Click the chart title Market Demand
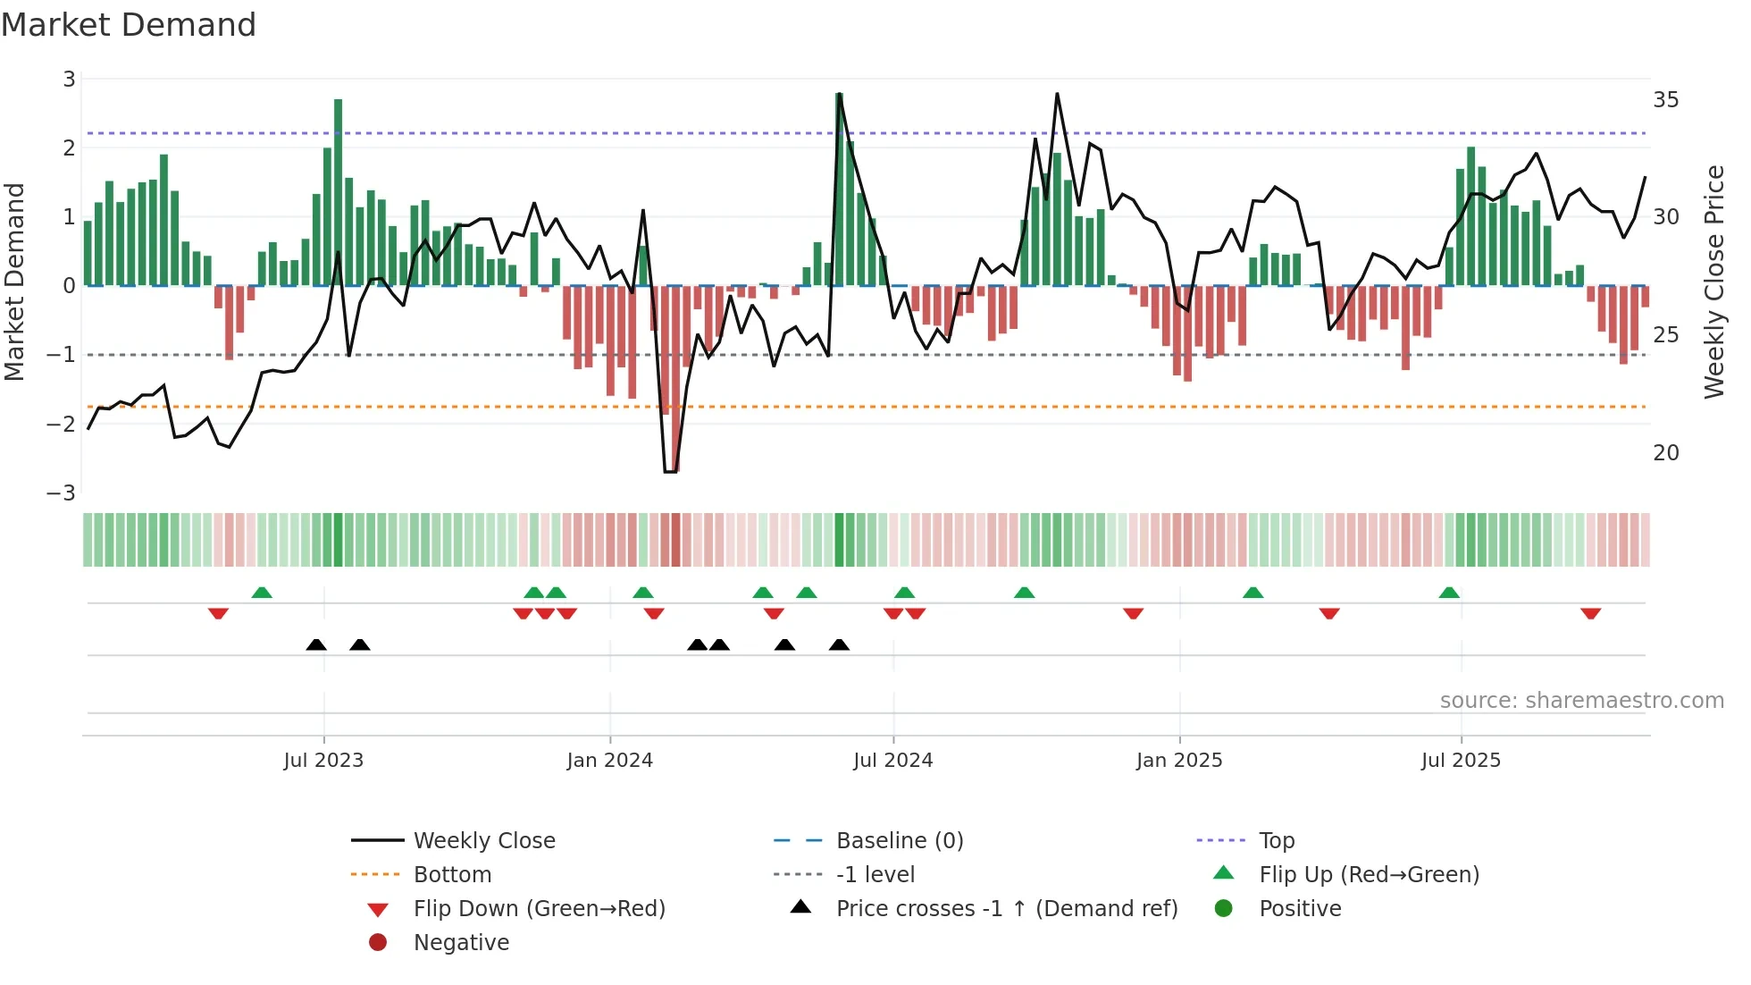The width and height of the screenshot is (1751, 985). [x=129, y=25]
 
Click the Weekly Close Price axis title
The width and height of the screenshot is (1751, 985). [x=1713, y=282]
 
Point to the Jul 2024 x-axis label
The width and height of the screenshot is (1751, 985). [x=892, y=761]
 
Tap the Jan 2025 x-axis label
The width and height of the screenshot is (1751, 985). [x=1178, y=761]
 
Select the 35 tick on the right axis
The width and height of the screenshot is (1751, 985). [x=1665, y=100]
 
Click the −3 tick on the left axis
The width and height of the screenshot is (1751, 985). [x=62, y=493]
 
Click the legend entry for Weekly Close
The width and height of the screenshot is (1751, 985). [x=483, y=841]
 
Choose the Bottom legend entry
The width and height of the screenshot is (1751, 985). [x=452, y=875]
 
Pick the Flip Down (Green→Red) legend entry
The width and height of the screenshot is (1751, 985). [x=539, y=909]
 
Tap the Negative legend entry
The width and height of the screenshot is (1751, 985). [x=461, y=943]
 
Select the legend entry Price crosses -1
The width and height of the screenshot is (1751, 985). [x=1006, y=909]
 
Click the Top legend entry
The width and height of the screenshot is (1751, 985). [x=1276, y=841]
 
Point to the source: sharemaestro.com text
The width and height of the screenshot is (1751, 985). [x=1581, y=701]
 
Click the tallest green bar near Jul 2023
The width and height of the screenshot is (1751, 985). [x=338, y=192]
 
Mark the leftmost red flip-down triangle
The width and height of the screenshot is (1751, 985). [x=218, y=613]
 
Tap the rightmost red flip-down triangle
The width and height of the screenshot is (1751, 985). [x=1590, y=613]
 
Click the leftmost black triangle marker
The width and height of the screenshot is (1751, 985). [x=316, y=644]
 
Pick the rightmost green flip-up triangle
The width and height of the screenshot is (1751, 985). [x=1449, y=593]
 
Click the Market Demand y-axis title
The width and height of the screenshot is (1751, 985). [x=15, y=282]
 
